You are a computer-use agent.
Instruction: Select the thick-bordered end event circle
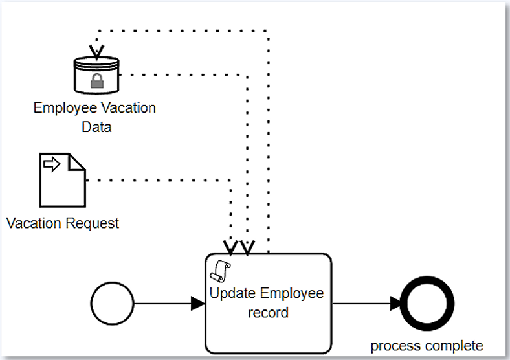point(427,304)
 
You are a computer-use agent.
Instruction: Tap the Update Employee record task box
point(268,324)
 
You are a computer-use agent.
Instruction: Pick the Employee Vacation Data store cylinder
point(96,75)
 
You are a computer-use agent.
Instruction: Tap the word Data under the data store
point(96,127)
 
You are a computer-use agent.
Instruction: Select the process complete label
point(427,345)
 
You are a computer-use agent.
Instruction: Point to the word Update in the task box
point(232,293)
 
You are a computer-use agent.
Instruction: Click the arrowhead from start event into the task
point(198,303)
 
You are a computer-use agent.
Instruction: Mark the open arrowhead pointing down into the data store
point(96,51)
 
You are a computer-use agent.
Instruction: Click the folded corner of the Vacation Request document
point(78,161)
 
